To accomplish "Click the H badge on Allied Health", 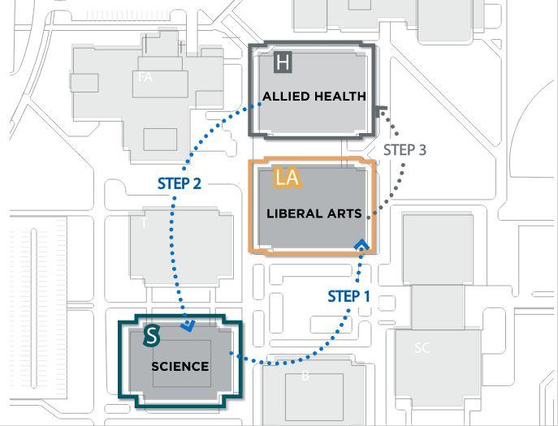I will [x=283, y=62].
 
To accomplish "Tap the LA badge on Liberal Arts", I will [x=287, y=178].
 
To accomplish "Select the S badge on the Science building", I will [x=151, y=334].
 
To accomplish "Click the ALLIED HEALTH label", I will [x=314, y=97].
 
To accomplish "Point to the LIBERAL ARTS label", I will [x=314, y=215].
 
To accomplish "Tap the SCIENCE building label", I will [x=180, y=366].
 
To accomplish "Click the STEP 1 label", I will [x=348, y=296].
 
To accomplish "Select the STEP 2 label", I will [x=179, y=184].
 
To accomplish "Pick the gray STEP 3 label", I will [x=404, y=149].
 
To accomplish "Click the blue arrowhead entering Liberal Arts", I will [x=361, y=243].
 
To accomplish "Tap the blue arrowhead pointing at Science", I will [x=189, y=327].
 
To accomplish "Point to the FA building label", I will [x=145, y=77].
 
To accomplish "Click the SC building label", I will [x=422, y=348].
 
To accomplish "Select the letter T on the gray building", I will [x=145, y=222].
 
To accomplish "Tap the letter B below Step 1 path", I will [x=305, y=376].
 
